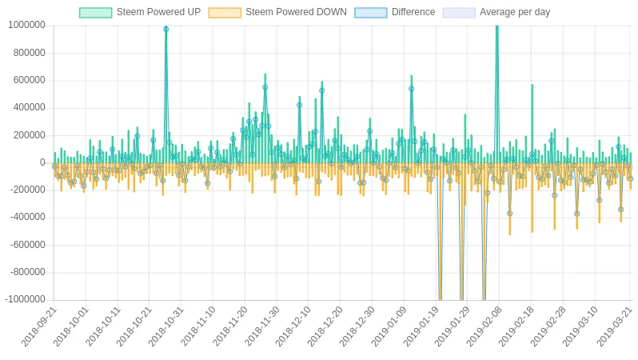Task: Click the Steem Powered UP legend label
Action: click(158, 12)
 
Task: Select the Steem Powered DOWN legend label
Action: click(296, 12)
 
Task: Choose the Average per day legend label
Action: click(515, 12)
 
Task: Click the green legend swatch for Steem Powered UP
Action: click(95, 12)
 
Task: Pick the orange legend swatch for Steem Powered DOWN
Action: click(224, 12)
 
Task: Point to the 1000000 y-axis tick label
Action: click(27, 26)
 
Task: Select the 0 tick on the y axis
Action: click(42, 162)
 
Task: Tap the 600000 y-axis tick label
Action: click(30, 80)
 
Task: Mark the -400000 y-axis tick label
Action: click(27, 218)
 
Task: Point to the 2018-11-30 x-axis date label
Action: click(262, 326)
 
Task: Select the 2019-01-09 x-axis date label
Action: click(389, 326)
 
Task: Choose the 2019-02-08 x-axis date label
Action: click(485, 326)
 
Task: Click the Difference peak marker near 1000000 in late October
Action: click(166, 30)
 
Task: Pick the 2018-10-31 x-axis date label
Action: click(167, 326)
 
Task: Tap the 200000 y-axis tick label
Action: click(30, 135)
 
